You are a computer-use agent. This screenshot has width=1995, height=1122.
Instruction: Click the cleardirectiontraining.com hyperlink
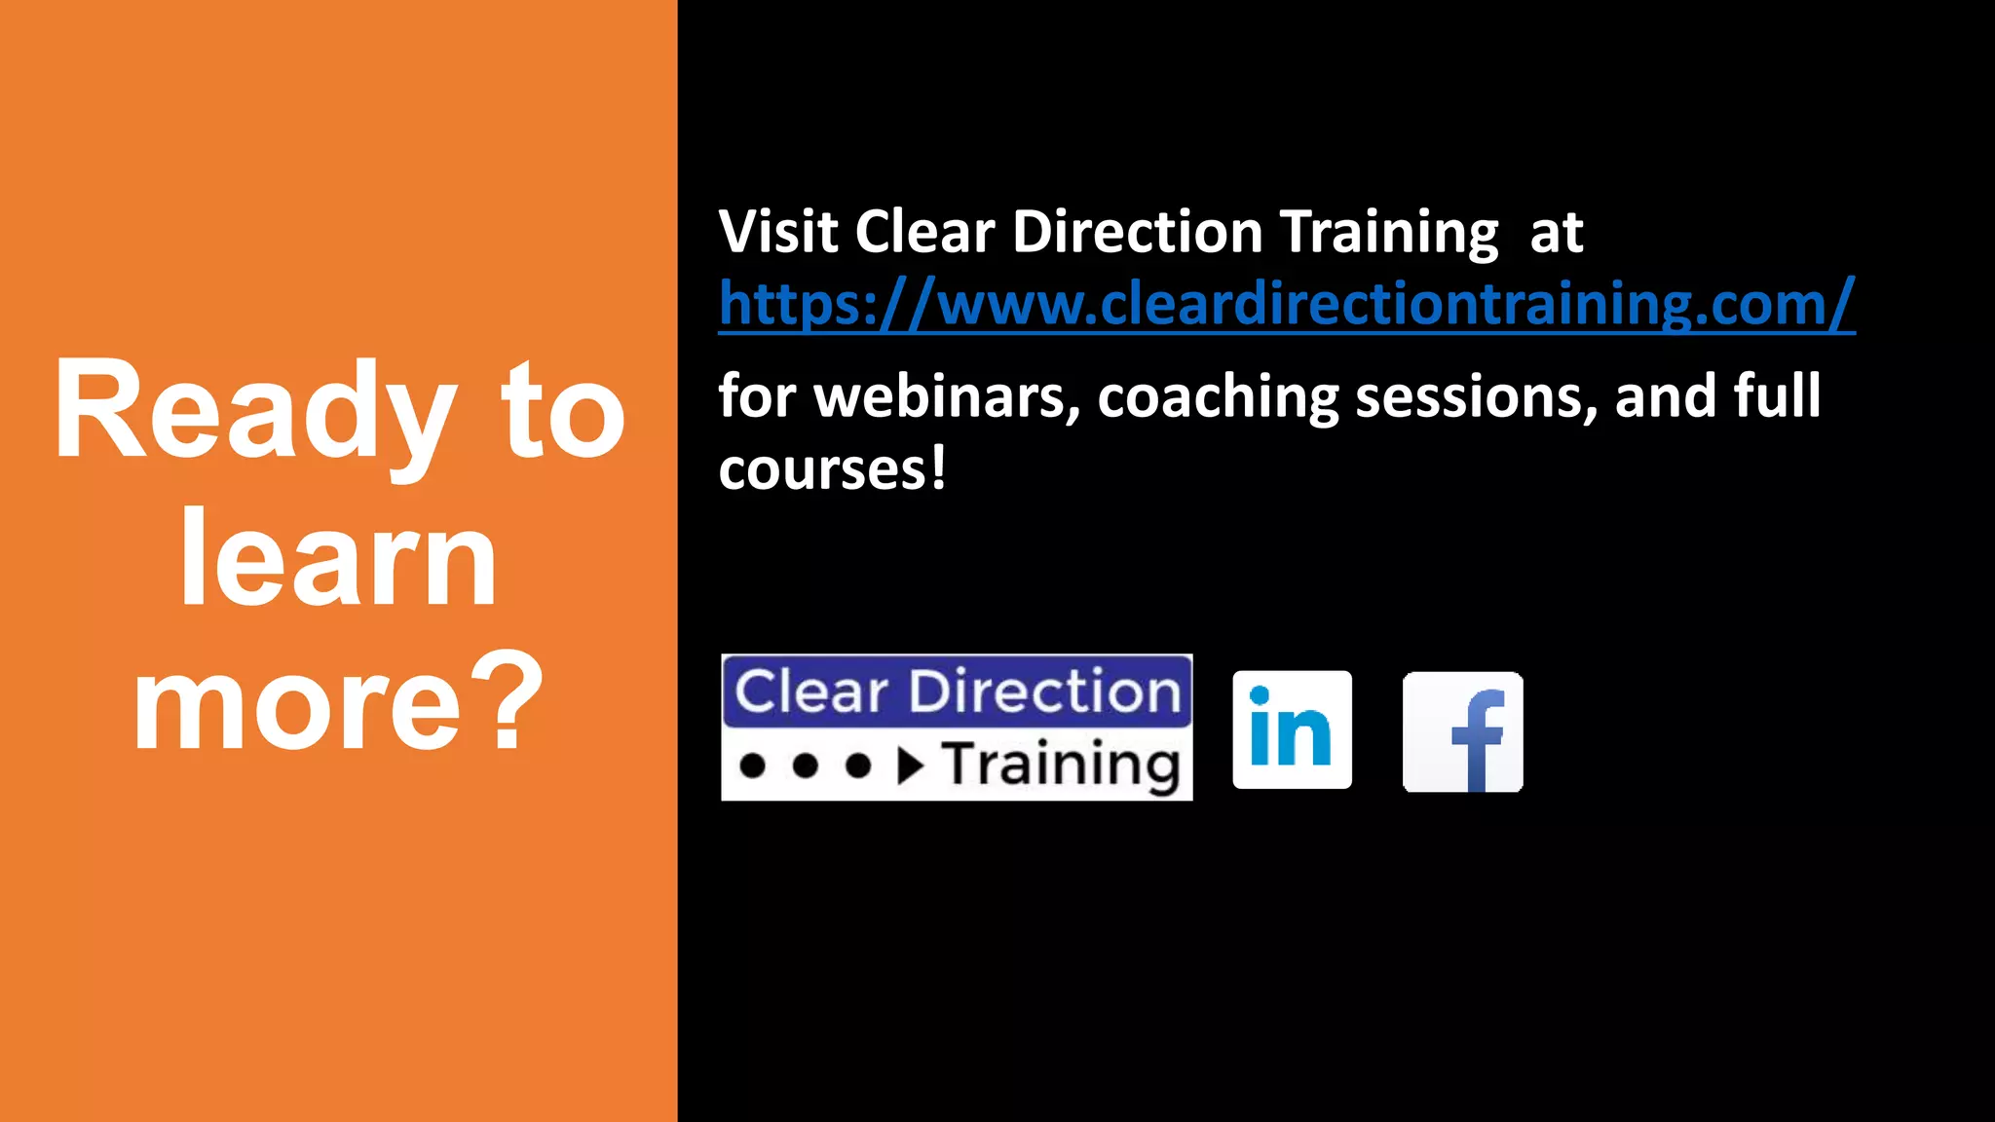tap(1286, 304)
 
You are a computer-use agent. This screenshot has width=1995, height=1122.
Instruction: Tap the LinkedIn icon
tap(1292, 729)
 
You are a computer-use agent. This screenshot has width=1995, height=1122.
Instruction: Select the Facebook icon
tap(1462, 731)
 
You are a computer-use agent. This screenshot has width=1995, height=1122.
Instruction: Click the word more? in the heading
tap(338, 703)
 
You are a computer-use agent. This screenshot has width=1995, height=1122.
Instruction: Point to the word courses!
tap(832, 469)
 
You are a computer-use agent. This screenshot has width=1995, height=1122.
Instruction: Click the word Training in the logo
tap(1061, 765)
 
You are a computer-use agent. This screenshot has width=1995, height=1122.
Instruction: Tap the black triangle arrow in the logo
tap(910, 766)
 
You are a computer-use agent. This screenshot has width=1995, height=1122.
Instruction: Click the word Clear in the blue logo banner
tap(811, 692)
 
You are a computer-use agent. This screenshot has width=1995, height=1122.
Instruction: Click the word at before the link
tap(1556, 234)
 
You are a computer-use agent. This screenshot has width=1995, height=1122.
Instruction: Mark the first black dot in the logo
tap(752, 766)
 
